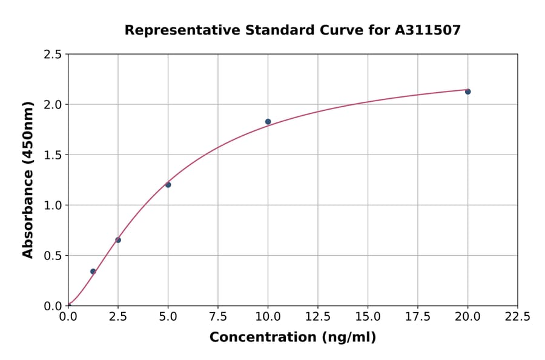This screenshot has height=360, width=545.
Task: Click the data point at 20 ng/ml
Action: point(467,92)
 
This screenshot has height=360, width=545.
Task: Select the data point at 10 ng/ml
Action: point(268,122)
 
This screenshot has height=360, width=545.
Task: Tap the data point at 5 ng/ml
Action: point(168,185)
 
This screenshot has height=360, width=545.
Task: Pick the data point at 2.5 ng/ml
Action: point(118,240)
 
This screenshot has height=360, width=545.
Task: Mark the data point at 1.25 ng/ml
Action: point(93,272)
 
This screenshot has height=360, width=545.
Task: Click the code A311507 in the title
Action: point(428,30)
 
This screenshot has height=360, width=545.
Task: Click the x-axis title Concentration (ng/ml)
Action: point(292,337)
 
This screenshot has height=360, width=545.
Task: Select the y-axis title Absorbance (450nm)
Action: point(28,180)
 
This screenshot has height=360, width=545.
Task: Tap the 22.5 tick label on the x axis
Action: point(517,316)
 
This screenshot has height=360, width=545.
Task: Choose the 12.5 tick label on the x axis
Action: point(318,316)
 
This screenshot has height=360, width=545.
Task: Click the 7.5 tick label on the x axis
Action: point(218,316)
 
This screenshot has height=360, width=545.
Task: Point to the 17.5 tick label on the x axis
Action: point(418,316)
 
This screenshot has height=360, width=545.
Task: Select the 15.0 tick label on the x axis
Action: point(368,316)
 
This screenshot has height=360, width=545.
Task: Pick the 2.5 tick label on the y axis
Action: point(53,55)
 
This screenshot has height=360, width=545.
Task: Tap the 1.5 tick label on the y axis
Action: point(53,155)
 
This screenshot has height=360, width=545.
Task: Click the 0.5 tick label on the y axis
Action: point(53,256)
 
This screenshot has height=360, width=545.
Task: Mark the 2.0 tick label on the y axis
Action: point(53,105)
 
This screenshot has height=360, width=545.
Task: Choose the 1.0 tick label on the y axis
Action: point(53,205)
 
